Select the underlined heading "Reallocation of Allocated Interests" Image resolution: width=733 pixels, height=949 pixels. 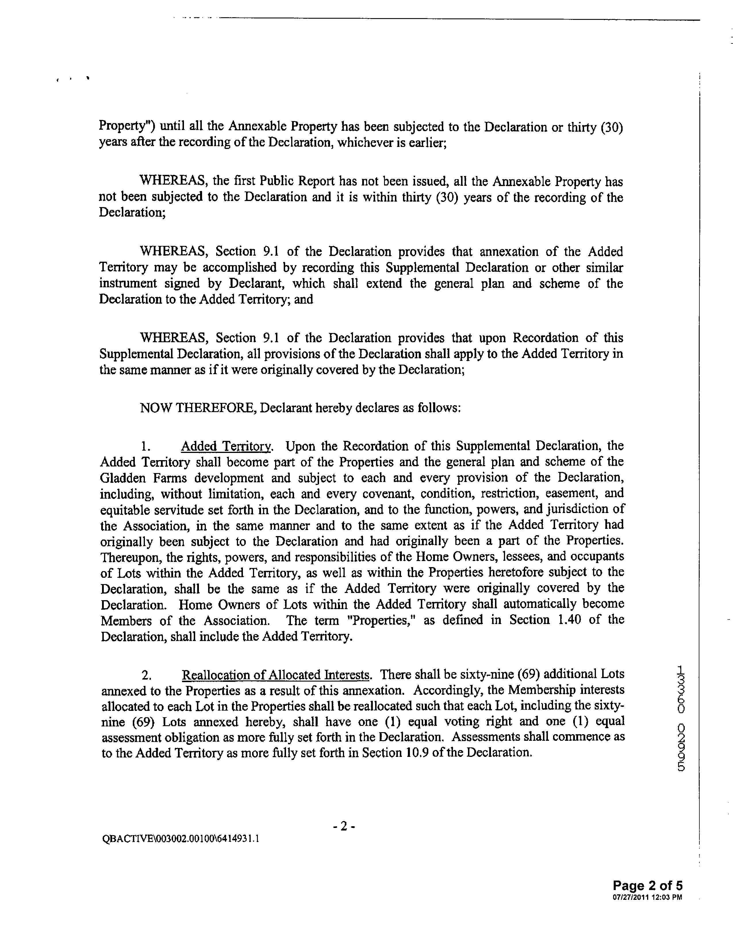click(x=276, y=675)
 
